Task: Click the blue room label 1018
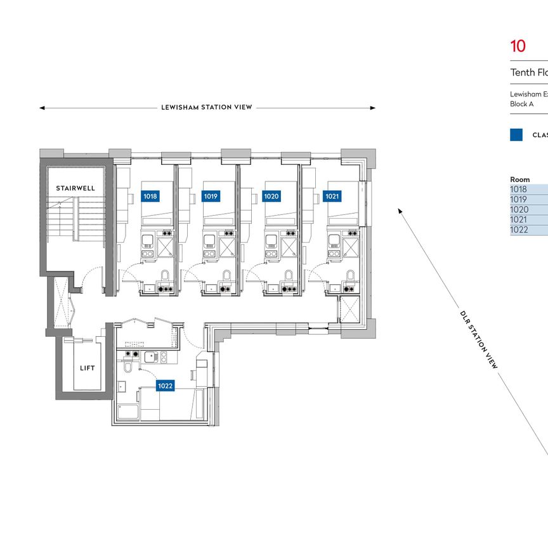[x=150, y=197]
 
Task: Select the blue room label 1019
[x=211, y=197]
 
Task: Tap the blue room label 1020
[x=271, y=197]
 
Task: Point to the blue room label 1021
[x=332, y=197]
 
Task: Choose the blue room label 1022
[x=166, y=386]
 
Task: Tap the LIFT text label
[x=86, y=368]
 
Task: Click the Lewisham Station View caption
[x=207, y=108]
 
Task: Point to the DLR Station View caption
[x=480, y=339]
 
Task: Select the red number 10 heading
[x=518, y=46]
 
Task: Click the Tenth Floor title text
[x=529, y=73]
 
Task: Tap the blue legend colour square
[x=516, y=134]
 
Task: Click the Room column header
[x=519, y=179]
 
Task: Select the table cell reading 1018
[x=518, y=189]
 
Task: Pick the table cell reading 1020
[x=518, y=210]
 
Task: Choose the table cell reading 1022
[x=518, y=230]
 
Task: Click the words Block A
[x=522, y=103]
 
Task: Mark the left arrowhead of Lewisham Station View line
[x=42, y=108]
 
